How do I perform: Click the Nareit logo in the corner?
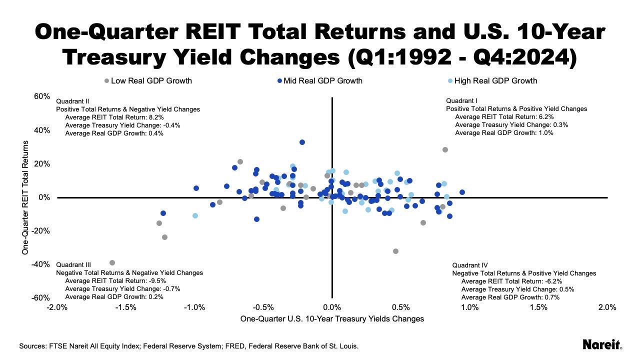[602, 344]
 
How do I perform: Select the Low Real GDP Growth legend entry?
[148, 80]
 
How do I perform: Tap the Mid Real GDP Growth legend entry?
[319, 80]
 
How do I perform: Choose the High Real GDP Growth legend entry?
[492, 80]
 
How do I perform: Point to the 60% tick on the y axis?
[42, 96]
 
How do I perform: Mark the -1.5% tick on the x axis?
[125, 307]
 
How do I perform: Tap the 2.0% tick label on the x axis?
[606, 307]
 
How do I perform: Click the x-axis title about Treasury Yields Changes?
[332, 319]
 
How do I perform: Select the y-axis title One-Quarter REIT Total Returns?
[25, 197]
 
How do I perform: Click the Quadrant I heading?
[461, 100]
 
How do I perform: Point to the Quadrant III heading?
[73, 265]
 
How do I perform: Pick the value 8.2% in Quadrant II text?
[154, 117]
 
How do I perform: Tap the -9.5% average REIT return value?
[155, 281]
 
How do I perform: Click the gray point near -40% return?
[112, 262]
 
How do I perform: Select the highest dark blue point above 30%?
[302, 142]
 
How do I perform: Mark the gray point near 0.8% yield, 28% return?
[445, 149]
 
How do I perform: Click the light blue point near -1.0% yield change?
[195, 215]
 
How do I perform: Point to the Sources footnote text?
[189, 346]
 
